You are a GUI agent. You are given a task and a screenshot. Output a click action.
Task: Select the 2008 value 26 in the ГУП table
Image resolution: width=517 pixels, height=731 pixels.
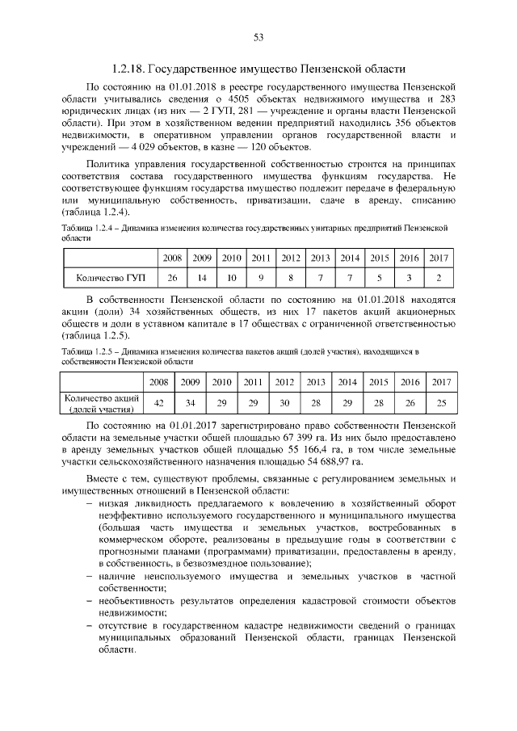coord(172,279)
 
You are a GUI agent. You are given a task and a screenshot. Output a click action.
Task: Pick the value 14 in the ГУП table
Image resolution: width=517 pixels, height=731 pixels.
coord(202,279)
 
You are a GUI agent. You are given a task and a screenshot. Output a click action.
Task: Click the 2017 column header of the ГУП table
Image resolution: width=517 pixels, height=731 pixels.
coord(437,258)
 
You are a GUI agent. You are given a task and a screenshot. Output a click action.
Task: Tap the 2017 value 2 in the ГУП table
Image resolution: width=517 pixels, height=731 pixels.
coord(437,279)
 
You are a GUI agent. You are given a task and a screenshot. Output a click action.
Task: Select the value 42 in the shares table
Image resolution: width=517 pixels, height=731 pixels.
coord(159,403)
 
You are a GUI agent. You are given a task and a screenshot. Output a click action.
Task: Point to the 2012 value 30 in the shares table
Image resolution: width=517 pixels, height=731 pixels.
coord(284,403)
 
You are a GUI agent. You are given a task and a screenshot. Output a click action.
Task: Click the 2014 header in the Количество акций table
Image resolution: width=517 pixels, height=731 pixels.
coord(347,381)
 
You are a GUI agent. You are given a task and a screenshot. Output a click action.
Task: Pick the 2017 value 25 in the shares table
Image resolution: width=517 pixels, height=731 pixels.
coord(440,403)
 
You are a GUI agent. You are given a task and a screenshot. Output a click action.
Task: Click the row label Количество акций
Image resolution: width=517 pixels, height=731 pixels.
coord(102,403)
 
